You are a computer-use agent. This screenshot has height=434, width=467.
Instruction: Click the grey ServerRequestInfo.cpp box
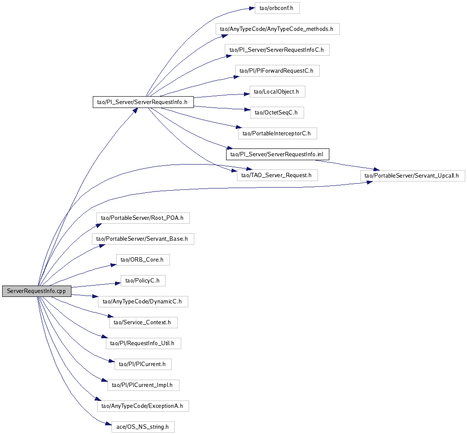(x=36, y=291)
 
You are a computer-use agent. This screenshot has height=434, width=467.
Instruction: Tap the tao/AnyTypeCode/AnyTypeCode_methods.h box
(x=277, y=29)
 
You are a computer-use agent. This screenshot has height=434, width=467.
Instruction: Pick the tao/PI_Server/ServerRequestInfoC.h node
(x=277, y=50)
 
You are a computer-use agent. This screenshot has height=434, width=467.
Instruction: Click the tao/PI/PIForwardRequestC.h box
(x=277, y=71)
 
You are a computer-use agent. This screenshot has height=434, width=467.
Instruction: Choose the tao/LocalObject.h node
(x=277, y=91)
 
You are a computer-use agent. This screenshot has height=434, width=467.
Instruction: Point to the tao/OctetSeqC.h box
(x=277, y=112)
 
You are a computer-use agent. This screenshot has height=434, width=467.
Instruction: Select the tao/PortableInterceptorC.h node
(x=277, y=133)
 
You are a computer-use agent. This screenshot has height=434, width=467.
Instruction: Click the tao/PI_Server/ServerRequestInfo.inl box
(x=277, y=154)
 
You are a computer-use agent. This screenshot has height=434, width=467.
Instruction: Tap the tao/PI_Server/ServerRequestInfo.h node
(x=143, y=102)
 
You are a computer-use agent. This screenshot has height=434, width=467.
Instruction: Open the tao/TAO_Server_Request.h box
(x=277, y=175)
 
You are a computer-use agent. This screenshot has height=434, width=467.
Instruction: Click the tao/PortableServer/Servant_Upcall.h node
(x=413, y=175)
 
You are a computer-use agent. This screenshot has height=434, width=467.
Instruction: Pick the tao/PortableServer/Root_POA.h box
(x=143, y=218)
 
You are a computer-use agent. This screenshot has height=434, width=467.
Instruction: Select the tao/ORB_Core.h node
(x=143, y=260)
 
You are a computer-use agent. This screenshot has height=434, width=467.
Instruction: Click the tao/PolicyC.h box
(x=143, y=281)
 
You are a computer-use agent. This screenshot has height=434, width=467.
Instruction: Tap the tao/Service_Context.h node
(x=143, y=323)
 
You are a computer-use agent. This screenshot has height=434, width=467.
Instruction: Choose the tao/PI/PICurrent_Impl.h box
(x=143, y=385)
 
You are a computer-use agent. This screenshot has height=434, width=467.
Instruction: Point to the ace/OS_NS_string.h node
(x=143, y=427)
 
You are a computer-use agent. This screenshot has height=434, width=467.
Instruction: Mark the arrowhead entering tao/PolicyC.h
(x=117, y=283)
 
